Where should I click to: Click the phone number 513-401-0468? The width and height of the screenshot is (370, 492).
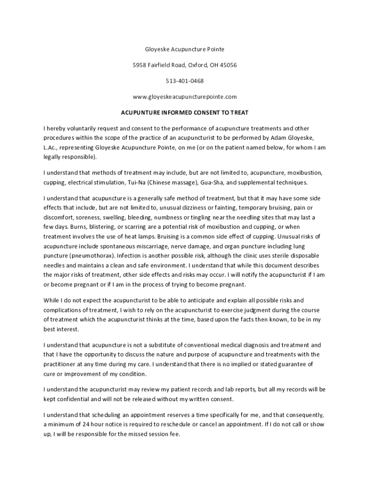[x=185, y=81]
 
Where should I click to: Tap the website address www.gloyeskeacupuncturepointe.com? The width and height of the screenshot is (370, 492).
[x=185, y=97]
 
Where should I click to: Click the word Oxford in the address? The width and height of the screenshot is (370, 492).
[x=194, y=65]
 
